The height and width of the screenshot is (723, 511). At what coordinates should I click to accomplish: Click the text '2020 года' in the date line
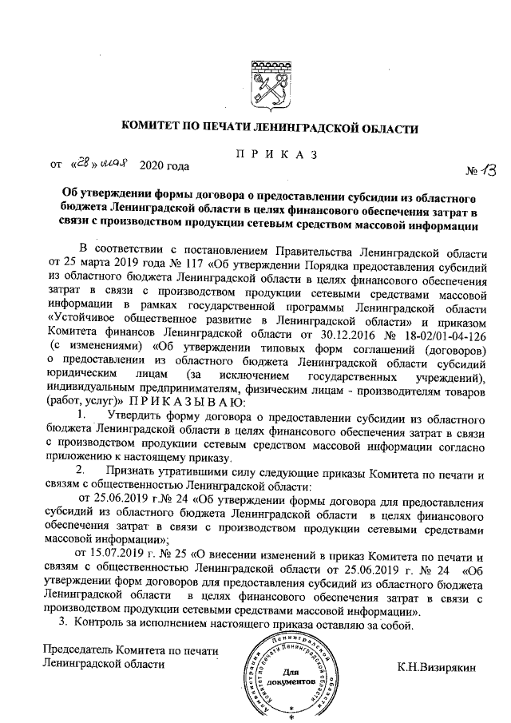tap(164, 166)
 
